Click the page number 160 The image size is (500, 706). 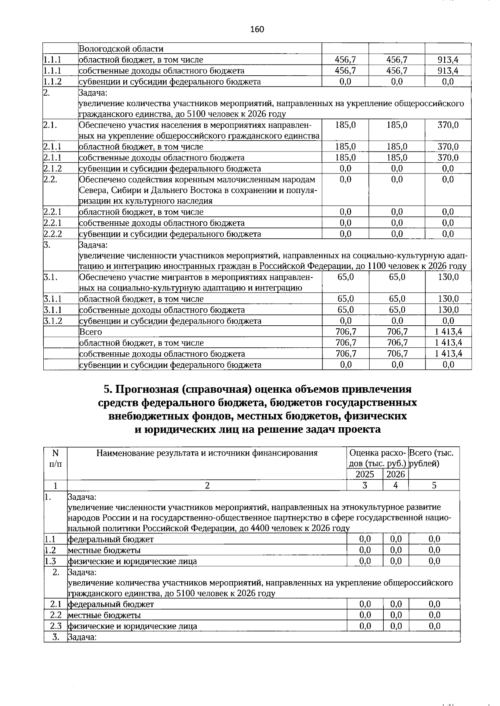pyautogui.click(x=257, y=29)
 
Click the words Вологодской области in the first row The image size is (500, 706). pyautogui.click(x=121, y=49)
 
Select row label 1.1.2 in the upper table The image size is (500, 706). pyautogui.click(x=52, y=82)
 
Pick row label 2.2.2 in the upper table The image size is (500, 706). pyautogui.click(x=52, y=234)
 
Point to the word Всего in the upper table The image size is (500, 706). pyautogui.click(x=90, y=332)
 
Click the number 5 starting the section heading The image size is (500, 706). pyautogui.click(x=107, y=389)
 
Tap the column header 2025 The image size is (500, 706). pyautogui.click(x=365, y=474)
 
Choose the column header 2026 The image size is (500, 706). pyautogui.click(x=395, y=474)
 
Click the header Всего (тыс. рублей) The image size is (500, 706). pyautogui.click(x=433, y=458)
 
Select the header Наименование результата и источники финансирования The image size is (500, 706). pyautogui.click(x=207, y=453)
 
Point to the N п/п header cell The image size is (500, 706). pyautogui.click(x=55, y=458)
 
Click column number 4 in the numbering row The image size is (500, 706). pyautogui.click(x=395, y=485)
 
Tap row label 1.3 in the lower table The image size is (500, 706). pyautogui.click(x=50, y=561)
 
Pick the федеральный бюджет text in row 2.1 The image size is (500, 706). pyautogui.click(x=111, y=604)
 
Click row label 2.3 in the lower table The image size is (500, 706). pyautogui.click(x=55, y=626)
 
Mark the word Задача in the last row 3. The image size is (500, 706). pyautogui.click(x=82, y=637)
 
